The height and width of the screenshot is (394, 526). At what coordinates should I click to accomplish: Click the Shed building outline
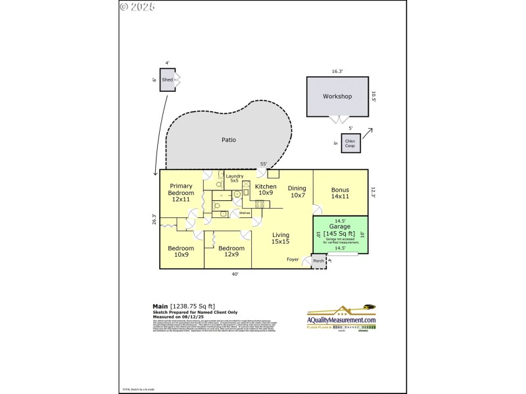pyautogui.click(x=167, y=79)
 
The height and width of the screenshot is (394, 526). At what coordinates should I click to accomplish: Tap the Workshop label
pyautogui.click(x=337, y=97)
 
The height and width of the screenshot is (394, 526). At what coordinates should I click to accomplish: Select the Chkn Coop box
pyautogui.click(x=350, y=143)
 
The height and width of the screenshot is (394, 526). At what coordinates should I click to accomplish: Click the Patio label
pyautogui.click(x=228, y=139)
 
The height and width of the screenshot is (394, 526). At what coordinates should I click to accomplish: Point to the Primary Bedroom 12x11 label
pyautogui.click(x=181, y=193)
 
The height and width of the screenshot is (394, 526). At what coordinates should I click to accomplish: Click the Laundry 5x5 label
pyautogui.click(x=235, y=178)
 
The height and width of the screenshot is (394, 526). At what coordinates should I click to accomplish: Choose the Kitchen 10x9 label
pyautogui.click(x=265, y=190)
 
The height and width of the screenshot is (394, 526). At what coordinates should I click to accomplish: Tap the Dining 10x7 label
pyautogui.click(x=297, y=192)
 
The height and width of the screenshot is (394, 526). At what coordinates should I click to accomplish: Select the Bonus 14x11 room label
pyautogui.click(x=339, y=193)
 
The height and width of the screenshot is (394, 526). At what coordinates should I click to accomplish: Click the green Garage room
pyautogui.click(x=340, y=234)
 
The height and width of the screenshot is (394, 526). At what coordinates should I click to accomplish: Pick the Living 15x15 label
pyautogui.click(x=281, y=239)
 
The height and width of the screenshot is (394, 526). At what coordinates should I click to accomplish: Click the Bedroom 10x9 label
pyautogui.click(x=180, y=252)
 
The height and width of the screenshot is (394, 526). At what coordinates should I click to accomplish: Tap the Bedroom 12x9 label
pyautogui.click(x=225, y=252)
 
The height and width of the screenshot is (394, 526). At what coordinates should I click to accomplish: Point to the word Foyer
pyautogui.click(x=293, y=259)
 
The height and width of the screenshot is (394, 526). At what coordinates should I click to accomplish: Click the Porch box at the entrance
pyautogui.click(x=318, y=261)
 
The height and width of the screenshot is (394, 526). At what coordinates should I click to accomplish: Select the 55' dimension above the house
pyautogui.click(x=263, y=164)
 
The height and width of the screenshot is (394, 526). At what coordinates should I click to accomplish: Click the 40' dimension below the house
pyautogui.click(x=235, y=274)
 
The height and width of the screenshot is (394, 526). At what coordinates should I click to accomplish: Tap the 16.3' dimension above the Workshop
pyautogui.click(x=337, y=71)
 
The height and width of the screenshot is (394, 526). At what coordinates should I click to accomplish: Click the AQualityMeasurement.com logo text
pyautogui.click(x=342, y=320)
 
